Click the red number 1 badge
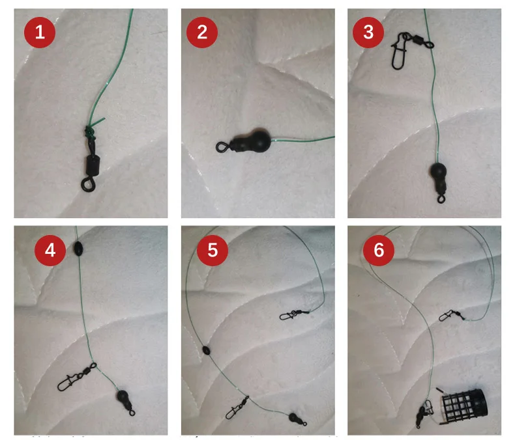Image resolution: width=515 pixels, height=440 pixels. point(40,33)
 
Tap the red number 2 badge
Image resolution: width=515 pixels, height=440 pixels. point(202,33)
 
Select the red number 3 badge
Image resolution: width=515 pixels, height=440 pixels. point(368,33)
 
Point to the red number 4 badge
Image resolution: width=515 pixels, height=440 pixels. point(50,250)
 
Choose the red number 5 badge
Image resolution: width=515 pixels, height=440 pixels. point(213,250)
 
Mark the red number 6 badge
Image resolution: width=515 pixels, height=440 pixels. point(379,250)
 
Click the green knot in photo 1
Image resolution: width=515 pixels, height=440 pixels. point(89,131)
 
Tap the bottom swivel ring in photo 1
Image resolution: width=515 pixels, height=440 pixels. point(87,185)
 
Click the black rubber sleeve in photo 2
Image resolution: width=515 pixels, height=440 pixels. point(252,142)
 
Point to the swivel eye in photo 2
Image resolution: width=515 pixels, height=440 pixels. point(222,146)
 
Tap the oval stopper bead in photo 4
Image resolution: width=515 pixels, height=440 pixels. point(78,249)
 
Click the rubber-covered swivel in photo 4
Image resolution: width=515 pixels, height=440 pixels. point(125,402)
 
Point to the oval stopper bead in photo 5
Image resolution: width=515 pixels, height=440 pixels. point(206,350)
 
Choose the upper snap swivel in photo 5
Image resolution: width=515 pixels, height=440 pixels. point(294,315)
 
